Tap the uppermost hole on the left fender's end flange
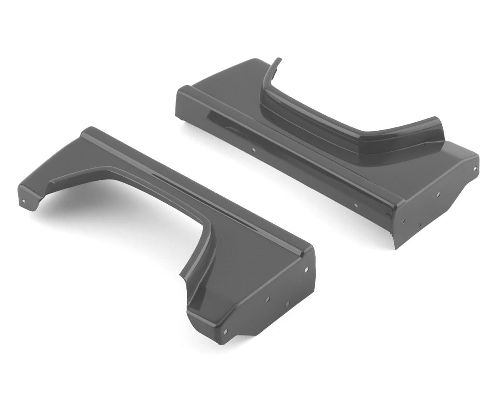pyautogui.click(x=306, y=270)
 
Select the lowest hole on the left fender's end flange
pyautogui.click(x=225, y=332)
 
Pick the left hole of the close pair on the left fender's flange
pyautogui.click(x=268, y=299)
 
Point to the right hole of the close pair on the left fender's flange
pyautogui.click(x=287, y=304)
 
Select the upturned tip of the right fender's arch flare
pyautogui.click(x=278, y=60)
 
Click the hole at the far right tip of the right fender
pyautogui.click(x=475, y=169)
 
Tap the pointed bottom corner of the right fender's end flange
pyautogui.click(x=396, y=248)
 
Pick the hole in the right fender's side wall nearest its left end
pyautogui.click(x=254, y=150)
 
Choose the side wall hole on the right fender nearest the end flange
pyautogui.click(x=356, y=204)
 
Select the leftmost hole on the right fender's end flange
pyautogui.click(x=403, y=220)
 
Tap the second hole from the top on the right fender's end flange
pyautogui.click(x=438, y=194)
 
